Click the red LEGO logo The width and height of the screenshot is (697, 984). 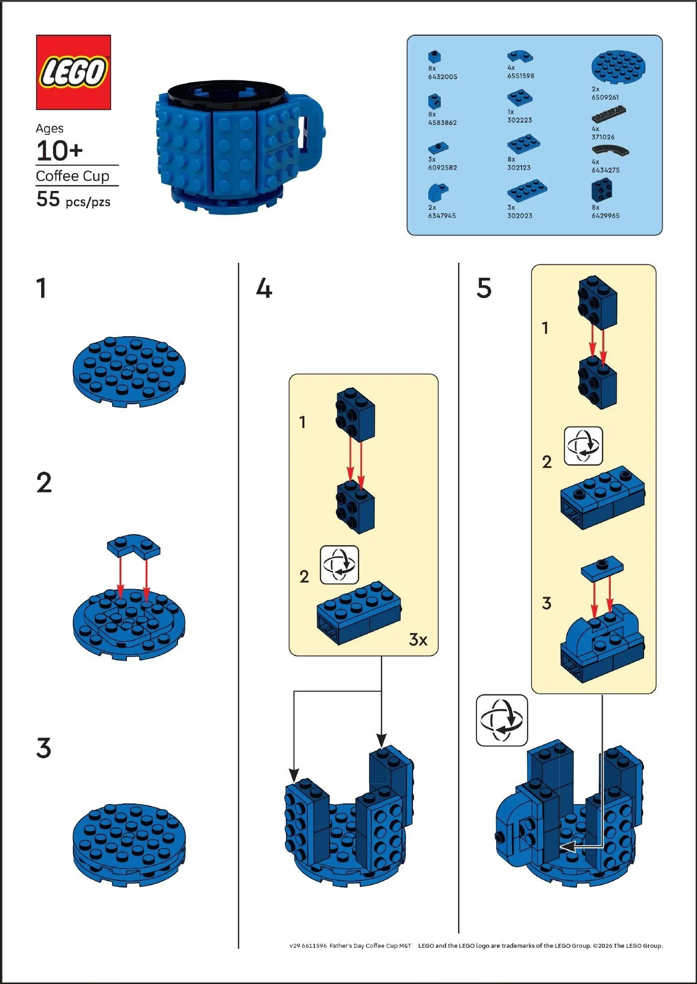pos(73,72)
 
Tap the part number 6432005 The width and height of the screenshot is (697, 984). pos(443,77)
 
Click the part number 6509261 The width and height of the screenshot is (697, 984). pos(605,97)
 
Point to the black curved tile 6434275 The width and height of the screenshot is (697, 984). pos(610,150)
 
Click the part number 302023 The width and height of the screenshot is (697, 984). pos(519,216)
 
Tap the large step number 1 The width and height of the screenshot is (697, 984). pos(42,288)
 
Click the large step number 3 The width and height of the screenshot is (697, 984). pos(44,748)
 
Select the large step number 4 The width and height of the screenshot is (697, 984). pos(264,288)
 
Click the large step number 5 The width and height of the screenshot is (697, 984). pos(484,288)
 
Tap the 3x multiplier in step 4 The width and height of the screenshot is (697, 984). pos(418,639)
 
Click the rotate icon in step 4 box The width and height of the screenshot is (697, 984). pos(339,565)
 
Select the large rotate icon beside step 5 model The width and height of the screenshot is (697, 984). pos(502,720)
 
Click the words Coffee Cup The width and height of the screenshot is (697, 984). pos(72,176)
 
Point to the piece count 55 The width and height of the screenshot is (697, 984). pos(48,199)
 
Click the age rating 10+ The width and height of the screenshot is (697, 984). pos(59,151)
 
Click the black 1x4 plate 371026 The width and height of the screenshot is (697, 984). pos(609,115)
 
